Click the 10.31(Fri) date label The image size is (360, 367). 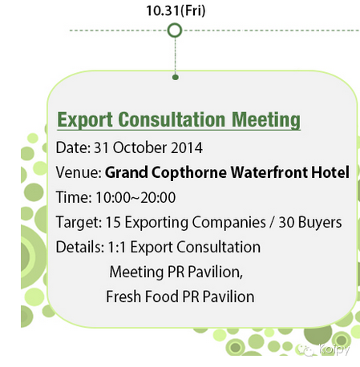(176, 11)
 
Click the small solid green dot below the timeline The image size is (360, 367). (176, 78)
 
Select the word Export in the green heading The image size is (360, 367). (85, 120)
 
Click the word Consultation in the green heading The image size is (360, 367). (172, 119)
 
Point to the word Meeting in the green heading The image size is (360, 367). (266, 120)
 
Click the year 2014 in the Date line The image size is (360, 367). (187, 147)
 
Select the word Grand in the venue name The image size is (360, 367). (126, 172)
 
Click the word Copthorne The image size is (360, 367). (189, 173)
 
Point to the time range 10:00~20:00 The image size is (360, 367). (136, 197)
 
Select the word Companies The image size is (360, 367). (229, 223)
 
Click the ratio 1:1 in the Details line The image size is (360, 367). (116, 247)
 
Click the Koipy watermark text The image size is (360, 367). (334, 349)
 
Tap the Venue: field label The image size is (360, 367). (79, 172)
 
